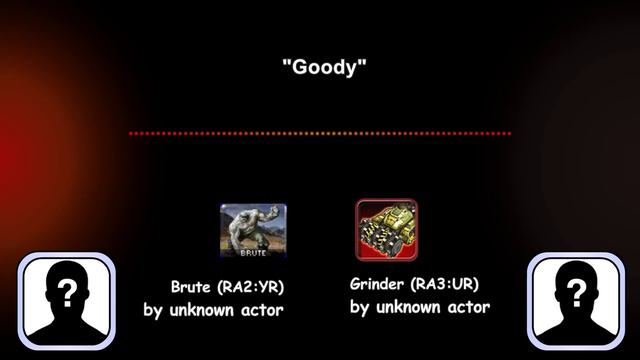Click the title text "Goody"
click(x=325, y=68)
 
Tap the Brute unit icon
click(x=253, y=230)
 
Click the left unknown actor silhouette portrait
click(x=68, y=303)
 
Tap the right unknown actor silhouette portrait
click(x=575, y=303)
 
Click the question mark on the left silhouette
click(x=67, y=292)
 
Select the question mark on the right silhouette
click(x=576, y=292)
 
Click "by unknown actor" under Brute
click(x=213, y=310)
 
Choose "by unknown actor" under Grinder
click(x=420, y=307)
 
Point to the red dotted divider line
click(x=320, y=133)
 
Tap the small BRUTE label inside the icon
click(x=253, y=253)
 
